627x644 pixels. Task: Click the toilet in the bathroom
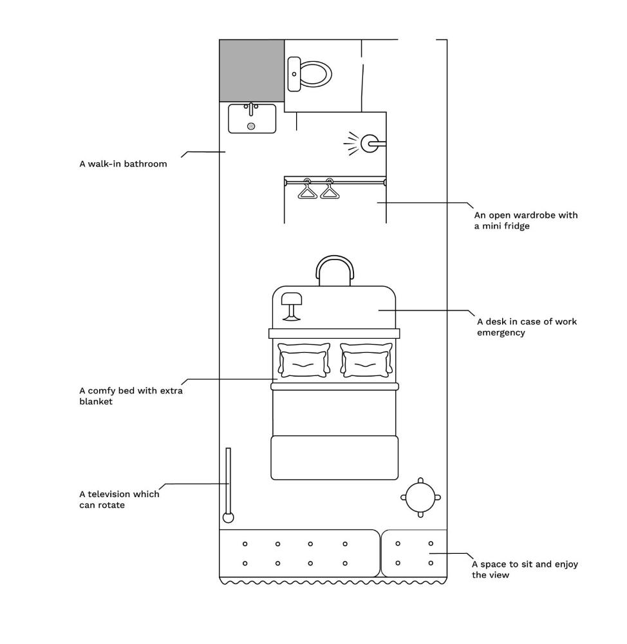[x=312, y=74]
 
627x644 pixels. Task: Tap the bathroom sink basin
[x=252, y=119]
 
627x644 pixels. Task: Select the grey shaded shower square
[x=252, y=70]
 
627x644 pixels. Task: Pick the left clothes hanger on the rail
[x=307, y=190]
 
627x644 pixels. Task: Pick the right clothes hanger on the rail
[x=330, y=190]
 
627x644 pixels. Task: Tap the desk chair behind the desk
[x=335, y=270]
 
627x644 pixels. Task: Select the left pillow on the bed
[x=304, y=361]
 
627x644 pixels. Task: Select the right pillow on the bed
[x=366, y=361]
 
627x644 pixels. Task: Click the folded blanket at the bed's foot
[x=334, y=457]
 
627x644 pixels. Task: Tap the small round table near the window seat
[x=421, y=497]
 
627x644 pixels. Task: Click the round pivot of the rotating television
[x=228, y=517]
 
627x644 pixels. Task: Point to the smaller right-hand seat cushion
[x=414, y=553]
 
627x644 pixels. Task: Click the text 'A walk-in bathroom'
[x=123, y=164]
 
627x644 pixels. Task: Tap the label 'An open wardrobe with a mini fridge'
[x=526, y=221]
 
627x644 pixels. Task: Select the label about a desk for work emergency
[x=527, y=327]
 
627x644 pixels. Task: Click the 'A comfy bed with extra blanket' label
[x=131, y=396]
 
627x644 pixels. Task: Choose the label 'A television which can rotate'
[x=119, y=500]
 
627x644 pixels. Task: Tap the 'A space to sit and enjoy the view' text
[x=525, y=569]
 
